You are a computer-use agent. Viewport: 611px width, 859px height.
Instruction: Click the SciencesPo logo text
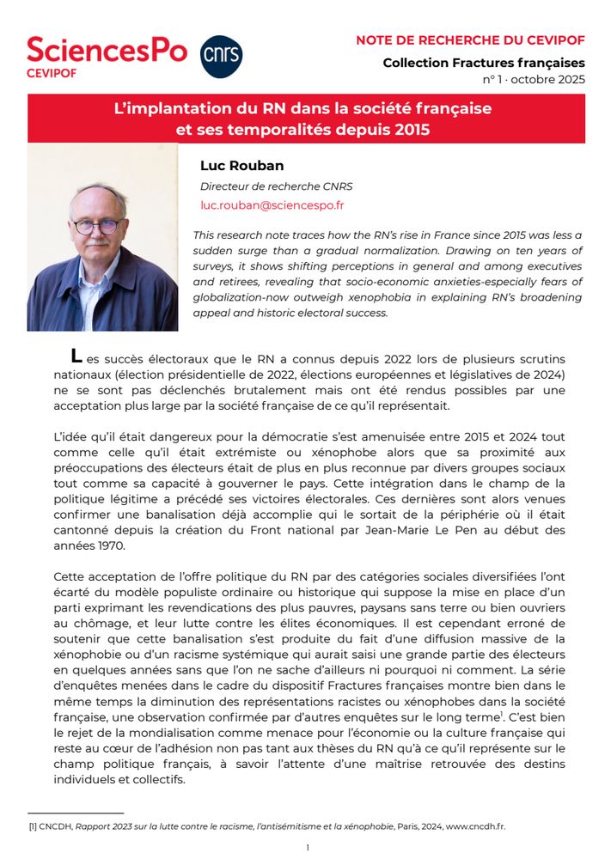(107, 50)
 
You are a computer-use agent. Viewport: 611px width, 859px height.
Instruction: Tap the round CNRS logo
(221, 57)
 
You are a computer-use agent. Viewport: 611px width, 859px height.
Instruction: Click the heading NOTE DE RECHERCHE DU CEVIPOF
(470, 40)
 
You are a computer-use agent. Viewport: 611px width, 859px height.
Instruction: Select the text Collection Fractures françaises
(483, 63)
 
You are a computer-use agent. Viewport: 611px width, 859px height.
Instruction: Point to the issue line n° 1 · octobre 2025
(534, 79)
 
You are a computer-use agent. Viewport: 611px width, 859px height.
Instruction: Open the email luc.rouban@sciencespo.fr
(272, 205)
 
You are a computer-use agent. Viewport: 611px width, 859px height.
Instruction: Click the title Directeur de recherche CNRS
(276, 186)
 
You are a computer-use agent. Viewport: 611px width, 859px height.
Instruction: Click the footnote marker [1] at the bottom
(34, 825)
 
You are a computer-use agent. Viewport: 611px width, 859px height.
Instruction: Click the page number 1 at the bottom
(307, 847)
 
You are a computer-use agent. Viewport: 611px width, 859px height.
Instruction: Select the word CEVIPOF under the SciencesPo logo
(51, 72)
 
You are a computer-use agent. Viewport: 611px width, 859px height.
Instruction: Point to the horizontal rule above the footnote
(76, 813)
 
